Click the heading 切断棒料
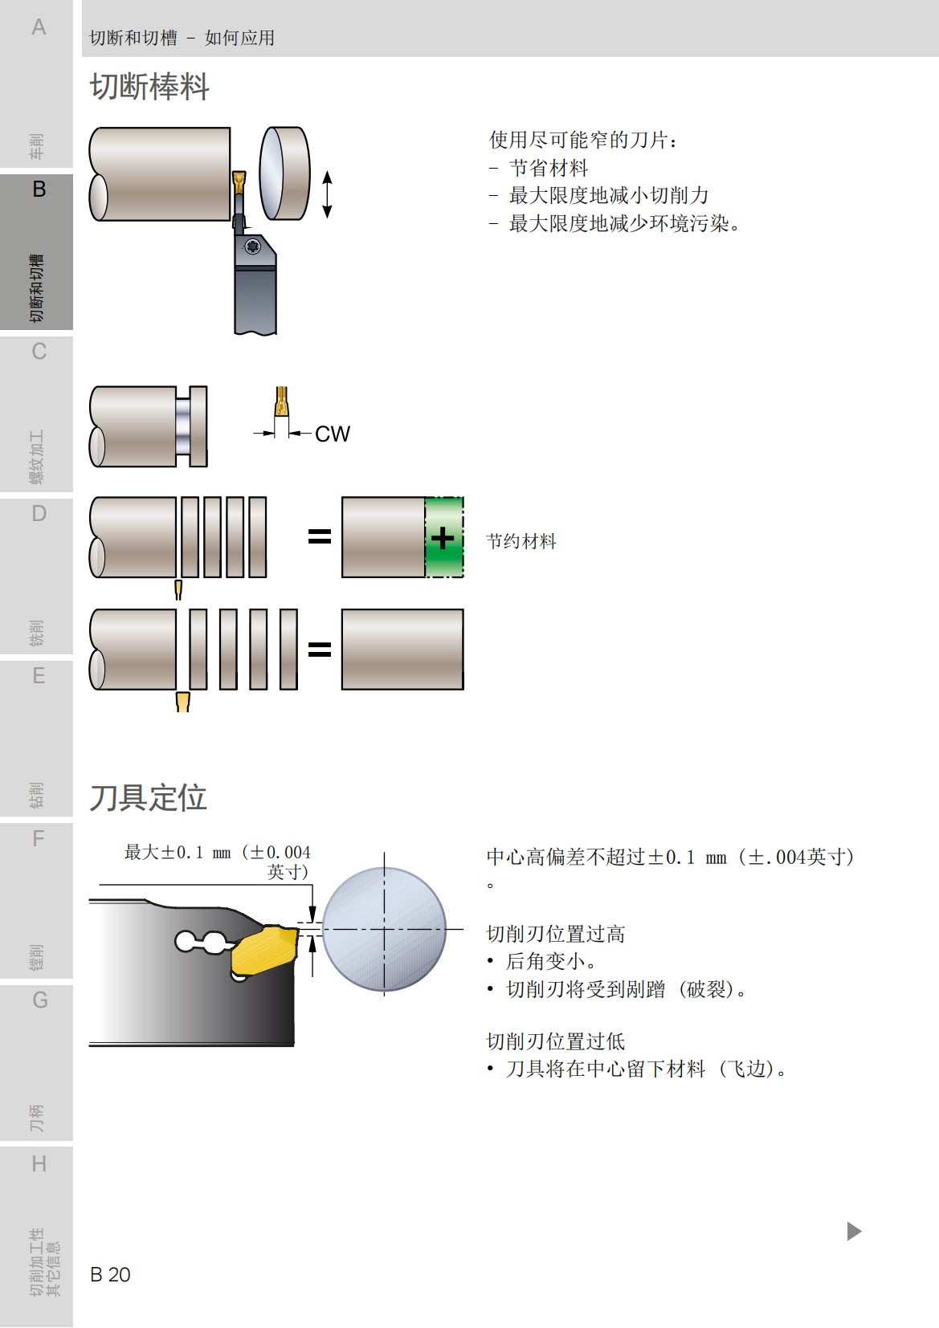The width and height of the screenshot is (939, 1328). click(x=149, y=87)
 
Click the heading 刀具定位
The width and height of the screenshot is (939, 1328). click(x=149, y=798)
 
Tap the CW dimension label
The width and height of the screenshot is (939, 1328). click(x=332, y=434)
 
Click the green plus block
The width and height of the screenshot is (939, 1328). click(x=443, y=537)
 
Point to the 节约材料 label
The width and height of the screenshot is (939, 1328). click(x=521, y=541)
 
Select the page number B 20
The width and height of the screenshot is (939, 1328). click(x=110, y=1274)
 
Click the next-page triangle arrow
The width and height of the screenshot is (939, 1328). click(x=854, y=1231)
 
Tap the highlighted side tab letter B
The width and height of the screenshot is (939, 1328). click(x=39, y=189)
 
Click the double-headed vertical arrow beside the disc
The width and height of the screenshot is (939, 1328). click(x=327, y=194)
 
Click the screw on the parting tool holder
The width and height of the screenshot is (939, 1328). click(x=253, y=246)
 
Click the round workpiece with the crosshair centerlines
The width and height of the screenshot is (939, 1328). click(x=384, y=929)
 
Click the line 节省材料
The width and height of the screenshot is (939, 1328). click(x=549, y=168)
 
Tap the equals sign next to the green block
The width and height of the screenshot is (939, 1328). click(x=320, y=536)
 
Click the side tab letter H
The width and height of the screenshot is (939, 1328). click(x=39, y=1163)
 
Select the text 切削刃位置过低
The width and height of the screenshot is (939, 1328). click(x=556, y=1041)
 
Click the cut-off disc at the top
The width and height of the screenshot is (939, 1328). click(x=284, y=173)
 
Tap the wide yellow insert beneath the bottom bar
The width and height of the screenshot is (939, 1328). click(x=183, y=702)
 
